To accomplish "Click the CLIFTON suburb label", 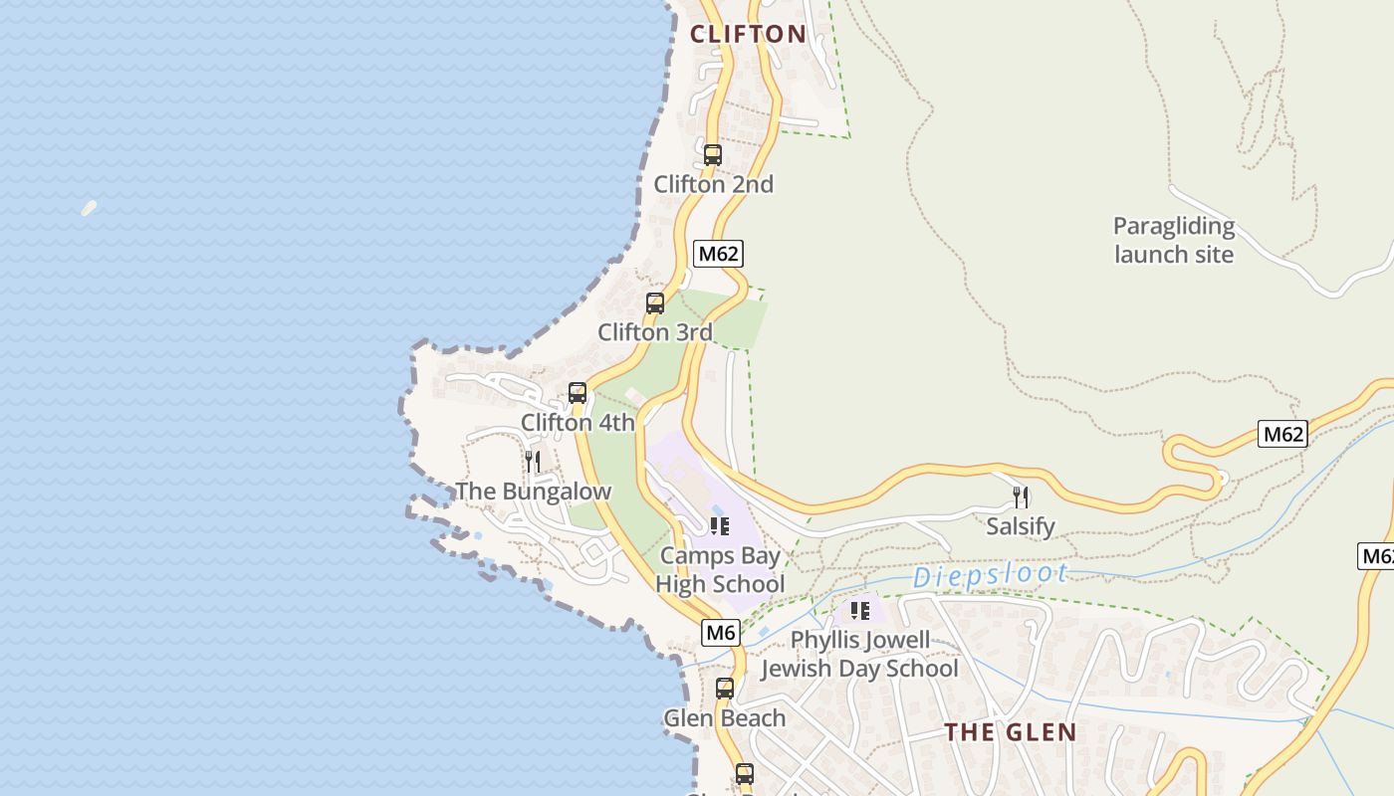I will point(748,34).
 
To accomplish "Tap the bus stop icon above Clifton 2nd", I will point(713,155).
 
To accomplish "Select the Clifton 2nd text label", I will point(713,184).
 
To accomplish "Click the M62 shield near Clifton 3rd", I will point(719,253).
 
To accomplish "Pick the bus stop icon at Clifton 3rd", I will point(655,303).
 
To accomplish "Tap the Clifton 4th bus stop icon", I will point(578,393).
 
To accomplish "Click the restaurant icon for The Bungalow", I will point(533,462).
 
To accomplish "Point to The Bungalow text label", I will point(533,492).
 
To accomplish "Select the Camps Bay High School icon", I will point(720,526).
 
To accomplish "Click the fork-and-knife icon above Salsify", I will point(1021,497).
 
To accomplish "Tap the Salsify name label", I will point(1021,526).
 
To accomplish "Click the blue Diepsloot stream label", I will point(991,575).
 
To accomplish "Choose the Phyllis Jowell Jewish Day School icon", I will point(860,611).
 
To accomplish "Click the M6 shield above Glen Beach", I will point(722,632).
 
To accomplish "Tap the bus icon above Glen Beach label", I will point(725,689).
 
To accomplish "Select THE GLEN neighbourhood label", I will point(1011,733).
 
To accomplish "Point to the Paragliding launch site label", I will point(1174,241).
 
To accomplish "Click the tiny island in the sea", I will point(89,208).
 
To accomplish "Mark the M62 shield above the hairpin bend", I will point(1282,434).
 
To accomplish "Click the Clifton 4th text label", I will point(578,423).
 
